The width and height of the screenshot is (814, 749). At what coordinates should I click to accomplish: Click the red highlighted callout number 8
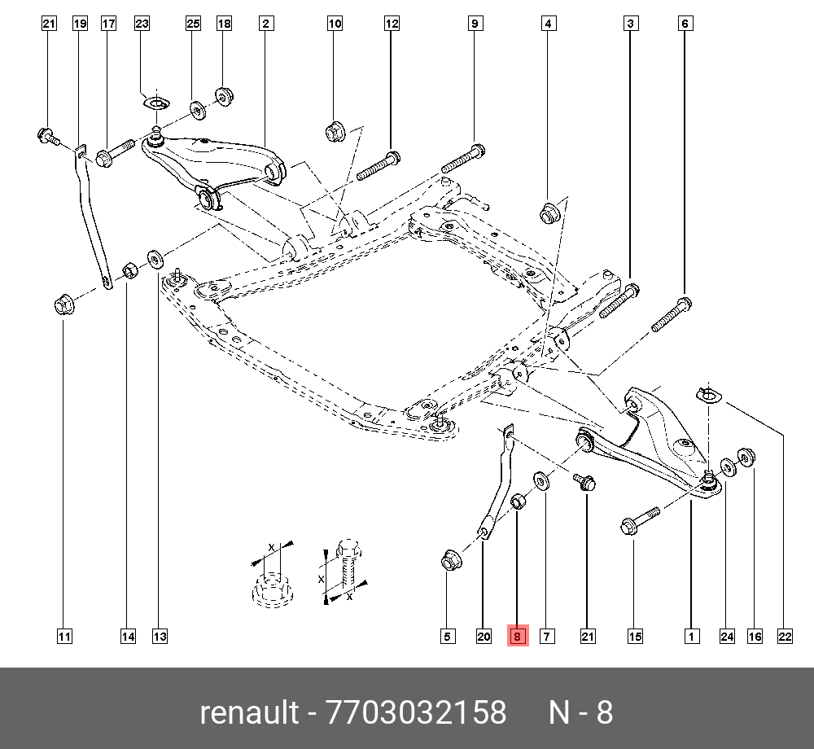518,636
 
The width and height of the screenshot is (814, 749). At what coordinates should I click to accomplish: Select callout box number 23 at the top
142,24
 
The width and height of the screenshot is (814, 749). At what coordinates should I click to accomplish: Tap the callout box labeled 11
64,636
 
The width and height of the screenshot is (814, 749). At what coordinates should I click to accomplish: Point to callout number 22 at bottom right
785,636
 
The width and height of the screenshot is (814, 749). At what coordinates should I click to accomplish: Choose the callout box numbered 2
265,24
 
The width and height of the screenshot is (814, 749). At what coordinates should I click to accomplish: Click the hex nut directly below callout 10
335,129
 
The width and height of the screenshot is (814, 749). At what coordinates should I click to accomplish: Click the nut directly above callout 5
449,560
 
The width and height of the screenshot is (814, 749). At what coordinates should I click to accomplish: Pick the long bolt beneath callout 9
463,158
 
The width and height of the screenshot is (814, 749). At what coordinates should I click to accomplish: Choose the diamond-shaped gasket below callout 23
153,103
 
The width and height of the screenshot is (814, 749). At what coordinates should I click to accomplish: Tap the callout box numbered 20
484,636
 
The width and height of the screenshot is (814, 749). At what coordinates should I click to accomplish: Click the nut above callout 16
745,458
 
